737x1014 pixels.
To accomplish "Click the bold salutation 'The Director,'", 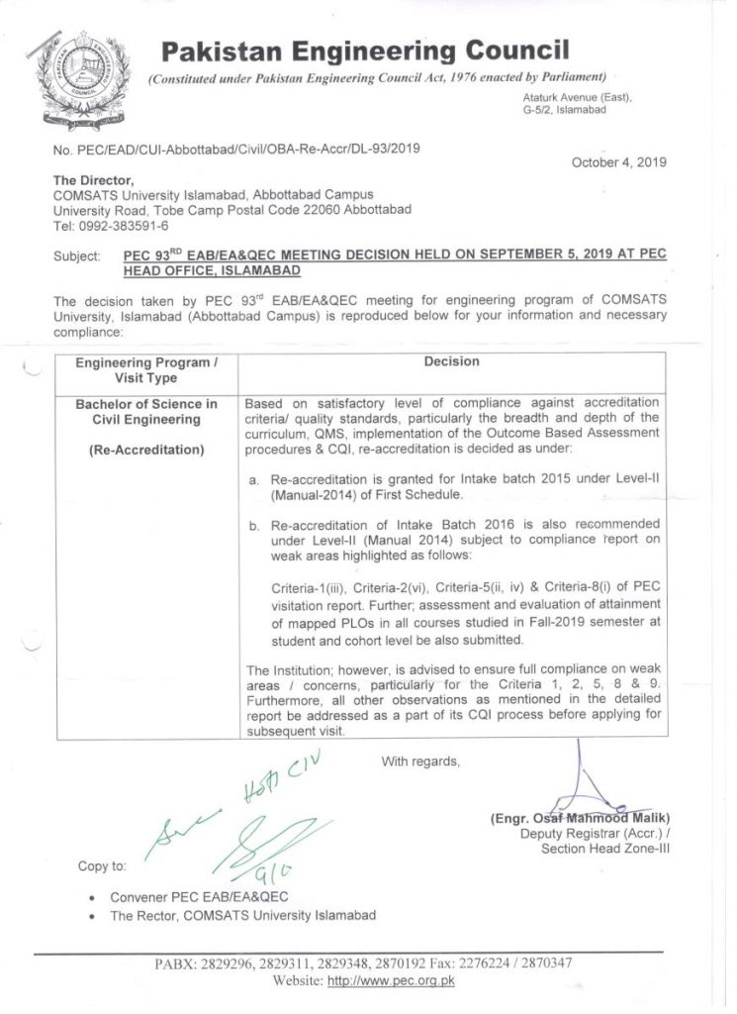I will [x=93, y=181].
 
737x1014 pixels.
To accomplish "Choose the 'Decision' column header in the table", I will [x=451, y=361].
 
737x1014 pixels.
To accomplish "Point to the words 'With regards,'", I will [x=419, y=760].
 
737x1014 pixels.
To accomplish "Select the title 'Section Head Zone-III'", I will [x=605, y=849].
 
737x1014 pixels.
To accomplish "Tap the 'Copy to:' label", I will [x=102, y=866].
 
